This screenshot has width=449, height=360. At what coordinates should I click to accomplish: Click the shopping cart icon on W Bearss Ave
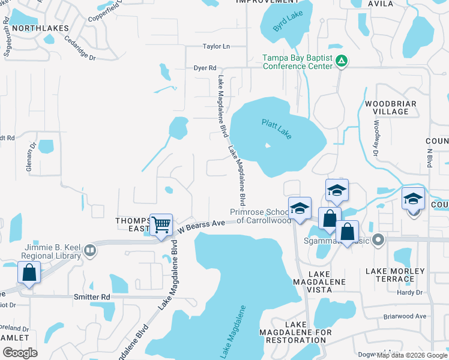161,226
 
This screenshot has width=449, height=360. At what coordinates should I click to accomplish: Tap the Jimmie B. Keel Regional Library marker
90,249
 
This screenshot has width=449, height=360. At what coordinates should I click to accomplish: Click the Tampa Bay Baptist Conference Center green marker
341,60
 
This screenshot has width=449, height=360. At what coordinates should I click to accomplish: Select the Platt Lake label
277,129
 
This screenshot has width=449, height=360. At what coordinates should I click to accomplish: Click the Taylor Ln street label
216,46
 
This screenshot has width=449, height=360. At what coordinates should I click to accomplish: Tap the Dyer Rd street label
205,68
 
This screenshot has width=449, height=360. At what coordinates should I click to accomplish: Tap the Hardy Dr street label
410,293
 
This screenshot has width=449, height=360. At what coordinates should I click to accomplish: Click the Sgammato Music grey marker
378,241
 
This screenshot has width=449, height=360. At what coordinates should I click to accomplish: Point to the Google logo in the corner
20,353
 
